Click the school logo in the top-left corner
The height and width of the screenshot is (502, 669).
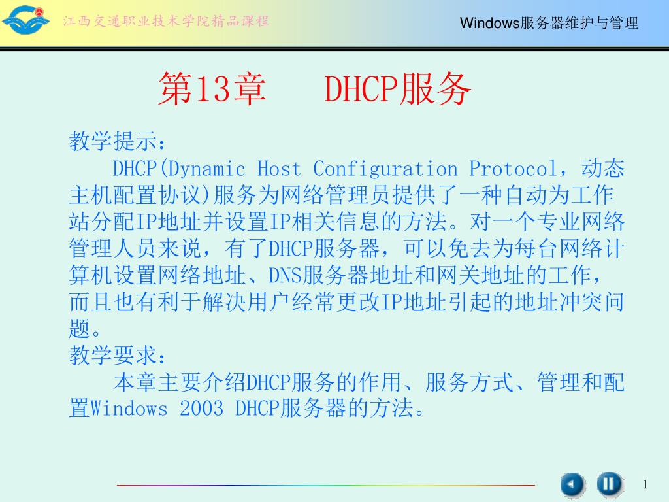[25, 20]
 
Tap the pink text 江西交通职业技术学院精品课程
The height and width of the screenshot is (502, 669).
[166, 21]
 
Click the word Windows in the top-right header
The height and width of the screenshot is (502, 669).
[489, 23]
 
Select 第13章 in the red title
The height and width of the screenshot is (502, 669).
[212, 89]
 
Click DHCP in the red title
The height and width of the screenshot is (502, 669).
[361, 89]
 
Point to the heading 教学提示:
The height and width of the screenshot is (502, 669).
[117, 141]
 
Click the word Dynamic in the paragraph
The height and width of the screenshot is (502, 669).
[207, 169]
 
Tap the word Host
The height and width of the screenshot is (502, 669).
[279, 169]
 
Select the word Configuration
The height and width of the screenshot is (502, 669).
[385, 169]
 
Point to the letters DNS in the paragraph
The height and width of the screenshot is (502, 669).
[285, 275]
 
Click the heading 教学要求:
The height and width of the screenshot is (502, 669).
[117, 355]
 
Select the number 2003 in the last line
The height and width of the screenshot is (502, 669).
[201, 409]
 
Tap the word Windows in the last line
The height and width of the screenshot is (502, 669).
[129, 409]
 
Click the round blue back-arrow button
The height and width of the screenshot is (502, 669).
[572, 485]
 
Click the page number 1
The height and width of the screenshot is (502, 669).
[645, 484]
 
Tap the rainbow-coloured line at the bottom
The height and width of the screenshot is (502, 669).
[325, 485]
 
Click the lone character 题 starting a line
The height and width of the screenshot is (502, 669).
[80, 329]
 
